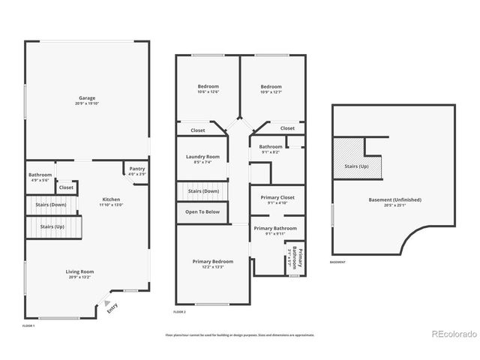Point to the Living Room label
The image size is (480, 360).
[x=78, y=274]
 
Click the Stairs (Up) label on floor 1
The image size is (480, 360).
[x=53, y=226]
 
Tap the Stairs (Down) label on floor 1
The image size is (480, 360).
[x=53, y=204]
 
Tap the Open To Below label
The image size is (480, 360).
[x=202, y=211]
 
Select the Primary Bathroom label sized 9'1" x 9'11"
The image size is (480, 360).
[x=275, y=230]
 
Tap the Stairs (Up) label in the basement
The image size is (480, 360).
[x=356, y=166]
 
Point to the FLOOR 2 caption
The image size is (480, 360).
[x=179, y=310]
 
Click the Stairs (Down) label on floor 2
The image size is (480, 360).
[x=203, y=191]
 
